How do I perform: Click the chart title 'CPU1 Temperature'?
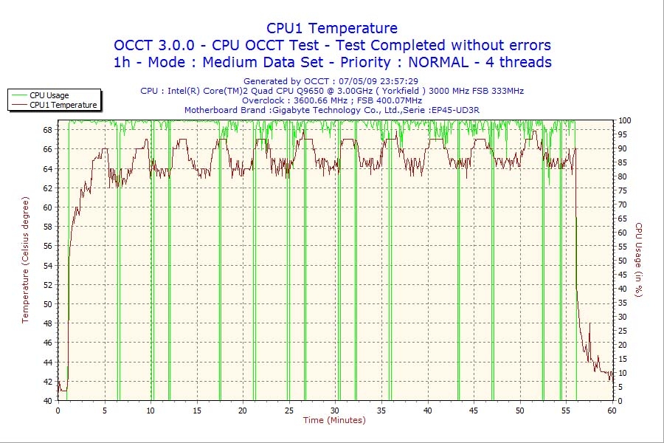pos(332,28)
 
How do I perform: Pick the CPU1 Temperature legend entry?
pos(63,105)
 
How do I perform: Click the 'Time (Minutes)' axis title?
pos(334,421)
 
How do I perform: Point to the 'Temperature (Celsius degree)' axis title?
pos(25,260)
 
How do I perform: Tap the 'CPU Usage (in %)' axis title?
pos(639,260)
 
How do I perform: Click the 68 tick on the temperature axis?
pos(48,130)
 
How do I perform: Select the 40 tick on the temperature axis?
pos(48,400)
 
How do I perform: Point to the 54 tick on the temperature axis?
pos(48,265)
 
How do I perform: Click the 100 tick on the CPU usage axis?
pos(624,120)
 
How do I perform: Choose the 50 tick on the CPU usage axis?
pos(622,261)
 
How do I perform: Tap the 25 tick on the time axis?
pos(288,411)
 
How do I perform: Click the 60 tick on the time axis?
pos(612,411)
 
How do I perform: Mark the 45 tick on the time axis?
pos(474,411)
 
